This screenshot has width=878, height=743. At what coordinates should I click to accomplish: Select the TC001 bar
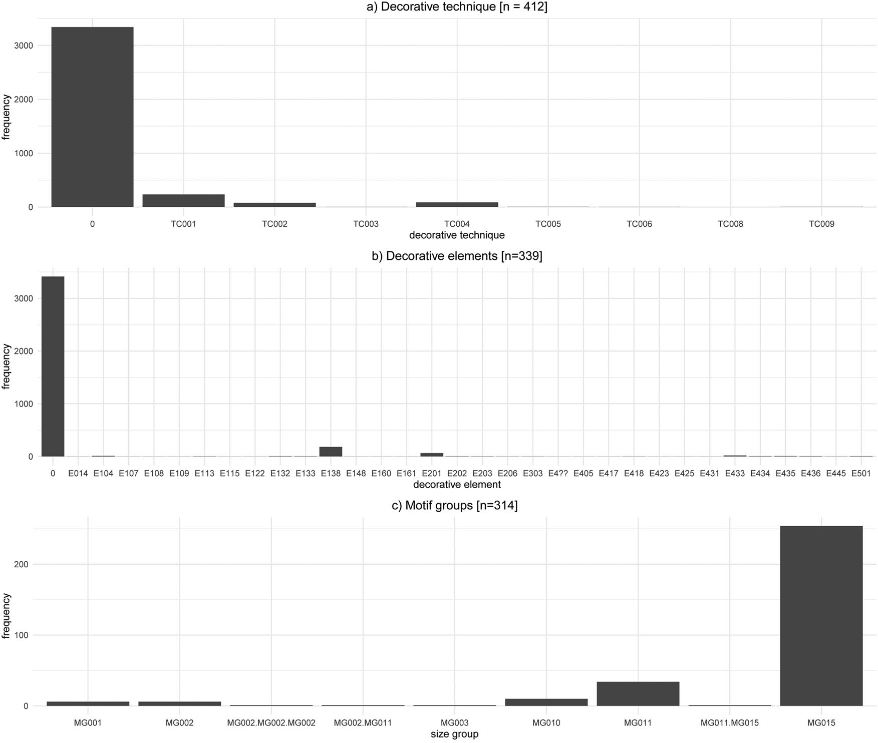click(183, 201)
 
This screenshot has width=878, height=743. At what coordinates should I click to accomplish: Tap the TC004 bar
click(457, 204)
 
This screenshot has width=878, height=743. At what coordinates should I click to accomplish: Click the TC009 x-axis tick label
click(821, 224)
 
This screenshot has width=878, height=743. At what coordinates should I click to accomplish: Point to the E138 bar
click(331, 452)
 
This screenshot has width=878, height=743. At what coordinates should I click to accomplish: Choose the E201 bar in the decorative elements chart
click(432, 455)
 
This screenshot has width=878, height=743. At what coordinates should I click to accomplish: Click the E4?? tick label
click(558, 473)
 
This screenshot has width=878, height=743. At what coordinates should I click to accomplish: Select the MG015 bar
click(821, 616)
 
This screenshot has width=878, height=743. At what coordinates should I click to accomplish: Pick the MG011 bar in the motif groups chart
click(638, 694)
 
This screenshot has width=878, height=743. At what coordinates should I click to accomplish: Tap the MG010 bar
click(546, 702)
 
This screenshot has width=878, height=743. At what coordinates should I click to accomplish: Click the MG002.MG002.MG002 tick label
click(271, 722)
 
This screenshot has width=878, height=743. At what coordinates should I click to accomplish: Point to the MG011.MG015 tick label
click(729, 722)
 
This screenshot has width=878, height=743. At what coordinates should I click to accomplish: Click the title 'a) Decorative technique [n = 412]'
click(457, 7)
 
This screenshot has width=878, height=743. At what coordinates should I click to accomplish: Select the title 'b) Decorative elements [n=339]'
click(457, 256)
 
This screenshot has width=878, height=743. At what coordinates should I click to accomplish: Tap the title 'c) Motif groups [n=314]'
click(454, 505)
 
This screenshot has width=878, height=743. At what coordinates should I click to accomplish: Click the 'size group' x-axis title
click(454, 734)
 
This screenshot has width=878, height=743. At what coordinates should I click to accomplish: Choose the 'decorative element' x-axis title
click(457, 485)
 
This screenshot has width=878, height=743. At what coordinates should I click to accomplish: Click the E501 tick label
click(861, 473)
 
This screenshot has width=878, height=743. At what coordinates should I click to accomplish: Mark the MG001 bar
click(88, 703)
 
